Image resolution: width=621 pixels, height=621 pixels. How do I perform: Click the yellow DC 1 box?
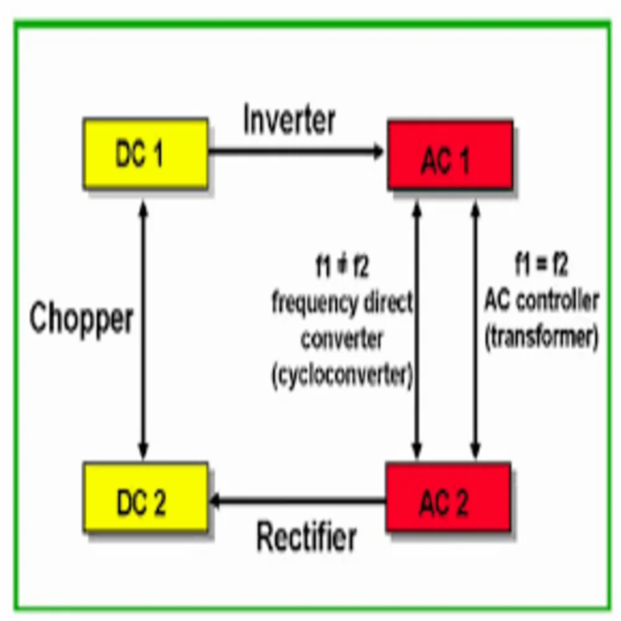pyautogui.click(x=145, y=153)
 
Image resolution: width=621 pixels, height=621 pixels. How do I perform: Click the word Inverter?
pyautogui.click(x=289, y=121)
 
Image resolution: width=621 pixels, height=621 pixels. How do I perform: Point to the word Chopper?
pyautogui.click(x=82, y=319)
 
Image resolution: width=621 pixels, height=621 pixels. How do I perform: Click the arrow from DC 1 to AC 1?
pyautogui.click(x=296, y=152)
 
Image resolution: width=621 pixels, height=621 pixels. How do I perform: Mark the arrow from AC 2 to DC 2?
pyautogui.click(x=300, y=500)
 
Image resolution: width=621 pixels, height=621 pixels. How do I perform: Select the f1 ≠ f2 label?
pyautogui.click(x=342, y=267)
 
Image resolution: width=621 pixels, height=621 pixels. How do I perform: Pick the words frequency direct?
pyautogui.click(x=342, y=302)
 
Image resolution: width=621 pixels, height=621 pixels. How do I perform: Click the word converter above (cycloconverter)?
pyautogui.click(x=342, y=339)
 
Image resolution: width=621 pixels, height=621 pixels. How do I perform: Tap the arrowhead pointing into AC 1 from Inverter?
pyautogui.click(x=378, y=152)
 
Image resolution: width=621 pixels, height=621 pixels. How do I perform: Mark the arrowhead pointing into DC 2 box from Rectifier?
pyautogui.click(x=216, y=500)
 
